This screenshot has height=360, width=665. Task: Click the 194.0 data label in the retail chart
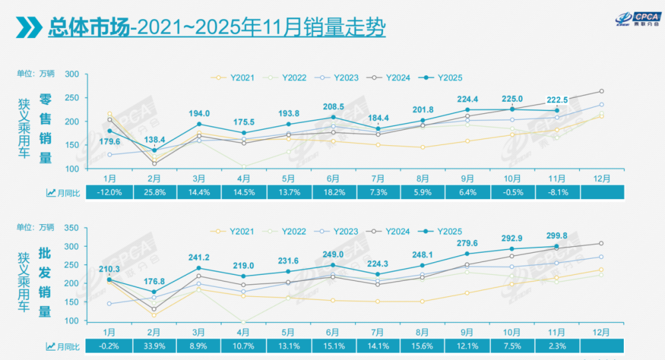[x=199, y=113]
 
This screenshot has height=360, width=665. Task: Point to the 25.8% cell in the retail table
[x=155, y=192]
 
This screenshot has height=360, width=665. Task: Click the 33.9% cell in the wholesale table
[x=155, y=346]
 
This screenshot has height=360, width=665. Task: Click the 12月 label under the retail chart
[x=601, y=179]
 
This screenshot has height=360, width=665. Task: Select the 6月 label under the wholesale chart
[x=333, y=332]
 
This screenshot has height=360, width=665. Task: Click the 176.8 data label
[x=154, y=281]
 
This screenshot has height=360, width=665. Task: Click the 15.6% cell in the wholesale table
[x=422, y=346]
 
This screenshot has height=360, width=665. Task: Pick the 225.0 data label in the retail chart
[x=511, y=99]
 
